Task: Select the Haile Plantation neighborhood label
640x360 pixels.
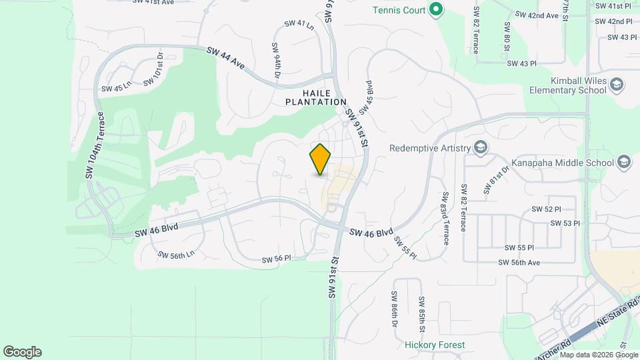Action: coord(316,97)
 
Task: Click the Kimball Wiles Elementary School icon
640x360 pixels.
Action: coord(617,85)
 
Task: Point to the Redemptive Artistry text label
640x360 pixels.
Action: coord(430,148)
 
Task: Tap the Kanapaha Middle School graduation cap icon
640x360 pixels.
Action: coord(623,163)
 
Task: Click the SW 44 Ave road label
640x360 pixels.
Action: coord(226,58)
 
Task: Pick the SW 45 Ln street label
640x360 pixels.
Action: coord(117,87)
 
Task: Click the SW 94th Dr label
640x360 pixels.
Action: coord(276,59)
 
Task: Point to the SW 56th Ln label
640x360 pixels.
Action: coord(176,254)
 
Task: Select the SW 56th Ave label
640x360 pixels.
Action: coord(520,263)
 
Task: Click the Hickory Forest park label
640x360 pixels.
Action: coord(435,345)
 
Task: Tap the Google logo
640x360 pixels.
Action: coord(22,352)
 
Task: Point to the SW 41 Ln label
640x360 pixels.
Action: coord(299,24)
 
